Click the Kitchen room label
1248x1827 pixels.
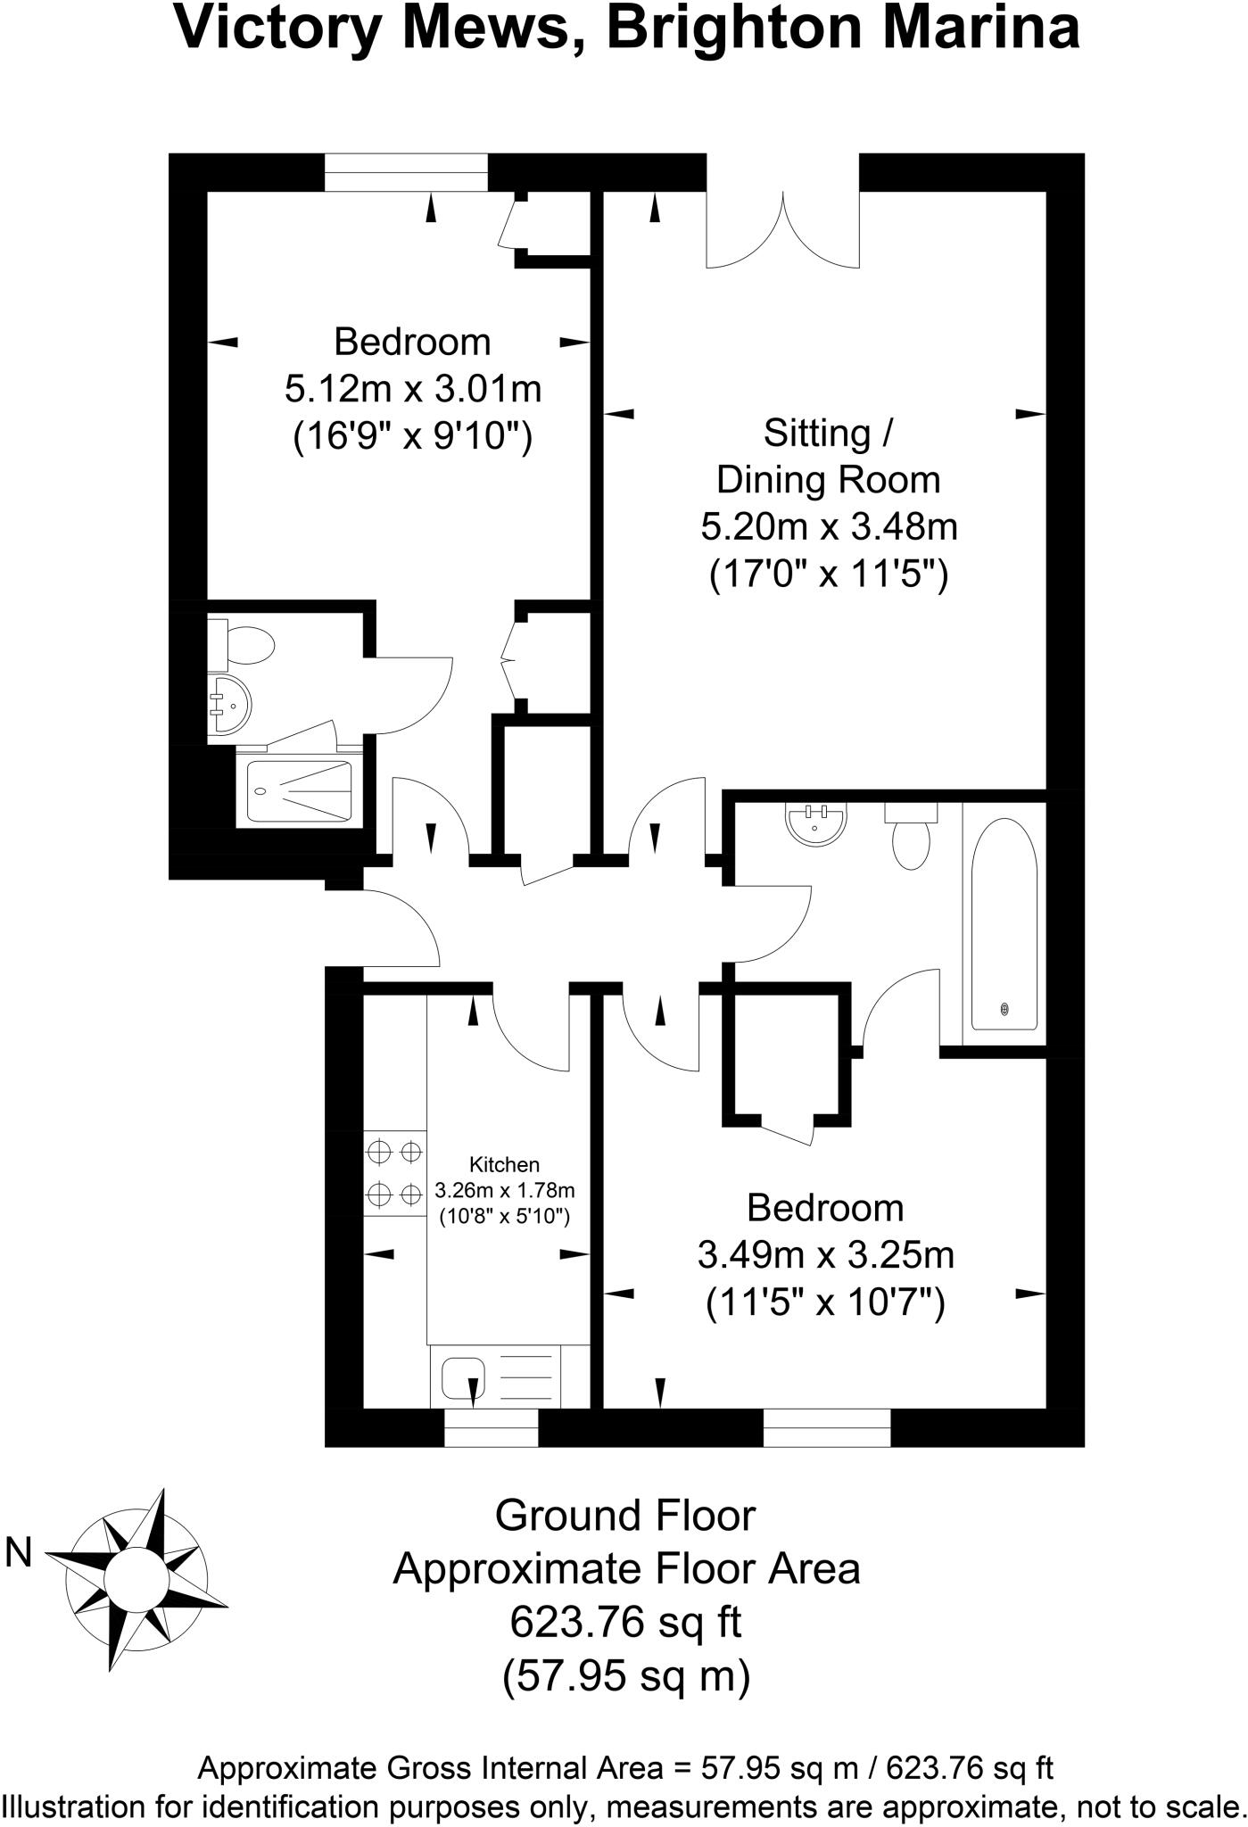504,1164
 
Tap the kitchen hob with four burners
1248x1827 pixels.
394,1172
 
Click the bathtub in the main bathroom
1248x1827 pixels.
1004,922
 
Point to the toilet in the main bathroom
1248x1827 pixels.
911,836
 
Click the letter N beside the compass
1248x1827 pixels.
19,1553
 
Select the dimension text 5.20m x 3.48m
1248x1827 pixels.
829,526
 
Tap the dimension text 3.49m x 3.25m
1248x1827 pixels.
825,1255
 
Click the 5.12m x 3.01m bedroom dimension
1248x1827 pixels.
413,389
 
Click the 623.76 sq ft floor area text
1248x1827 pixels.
625,1622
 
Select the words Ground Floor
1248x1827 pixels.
625,1515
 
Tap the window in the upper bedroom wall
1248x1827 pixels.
406,171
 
